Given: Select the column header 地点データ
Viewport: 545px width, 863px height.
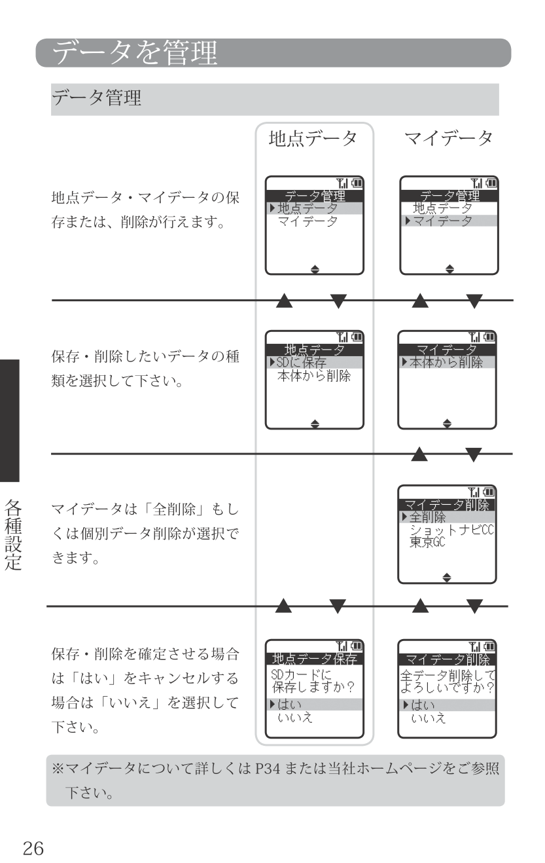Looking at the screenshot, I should (313, 139).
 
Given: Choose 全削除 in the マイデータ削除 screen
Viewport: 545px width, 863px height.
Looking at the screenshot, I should (427, 517).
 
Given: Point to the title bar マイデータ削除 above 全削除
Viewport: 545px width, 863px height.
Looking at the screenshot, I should (447, 504).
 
